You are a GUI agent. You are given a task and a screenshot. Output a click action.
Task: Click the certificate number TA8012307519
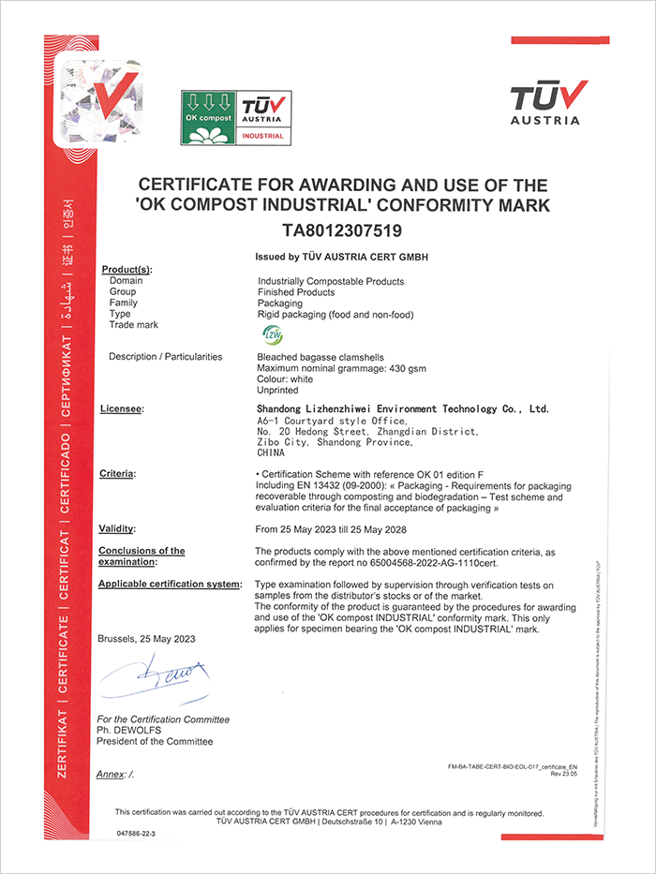pyautogui.click(x=342, y=230)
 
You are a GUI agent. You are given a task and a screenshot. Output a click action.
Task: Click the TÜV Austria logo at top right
pyautogui.click(x=549, y=102)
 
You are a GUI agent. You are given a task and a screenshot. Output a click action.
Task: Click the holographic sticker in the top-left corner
pyautogui.click(x=97, y=97)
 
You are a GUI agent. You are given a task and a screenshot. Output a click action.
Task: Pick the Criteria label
pyautogui.click(x=118, y=475)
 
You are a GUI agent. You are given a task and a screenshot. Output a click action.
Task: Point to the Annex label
pyautogui.click(x=116, y=774)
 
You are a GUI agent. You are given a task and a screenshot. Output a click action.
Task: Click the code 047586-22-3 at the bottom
pyautogui.click(x=137, y=832)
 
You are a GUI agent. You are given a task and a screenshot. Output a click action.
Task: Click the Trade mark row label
pyautogui.click(x=134, y=325)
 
